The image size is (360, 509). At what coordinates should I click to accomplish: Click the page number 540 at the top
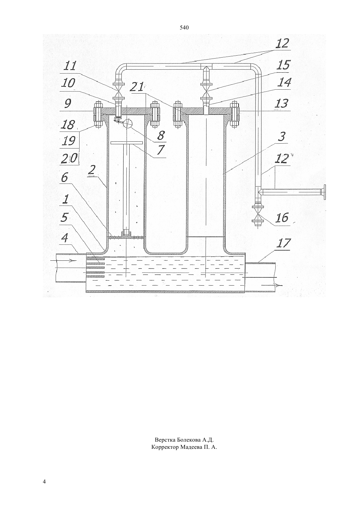[184, 28]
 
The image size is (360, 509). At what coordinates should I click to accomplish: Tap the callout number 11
[69, 66]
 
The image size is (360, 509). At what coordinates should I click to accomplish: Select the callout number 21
[137, 87]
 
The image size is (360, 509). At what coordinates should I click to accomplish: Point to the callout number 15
[283, 65]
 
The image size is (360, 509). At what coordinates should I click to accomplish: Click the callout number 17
[283, 243]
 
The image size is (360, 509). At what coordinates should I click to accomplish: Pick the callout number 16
[282, 218]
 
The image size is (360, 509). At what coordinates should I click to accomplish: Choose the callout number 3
[281, 137]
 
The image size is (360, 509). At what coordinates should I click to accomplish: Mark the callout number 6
[64, 178]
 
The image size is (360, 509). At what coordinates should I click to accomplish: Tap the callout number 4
[64, 238]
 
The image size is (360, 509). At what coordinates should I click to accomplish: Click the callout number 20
[69, 158]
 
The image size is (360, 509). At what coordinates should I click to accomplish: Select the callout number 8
[161, 135]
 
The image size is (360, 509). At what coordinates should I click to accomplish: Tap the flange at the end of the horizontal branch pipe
[324, 192]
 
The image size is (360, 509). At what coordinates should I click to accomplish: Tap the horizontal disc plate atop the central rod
[126, 143]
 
